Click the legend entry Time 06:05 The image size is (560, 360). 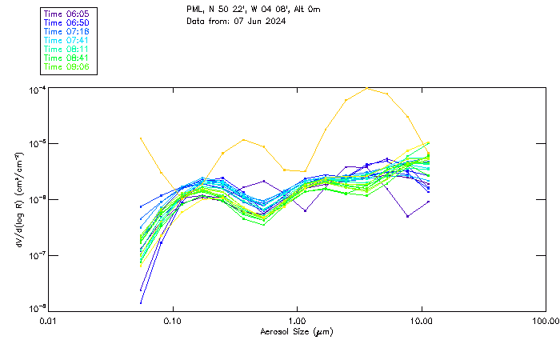point(67,14)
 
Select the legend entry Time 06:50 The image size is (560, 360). point(67,22)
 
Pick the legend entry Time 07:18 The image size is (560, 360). point(67,31)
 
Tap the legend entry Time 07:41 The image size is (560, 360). point(67,40)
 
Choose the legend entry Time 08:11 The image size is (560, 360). point(67,49)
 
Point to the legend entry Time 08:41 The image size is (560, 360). point(67,58)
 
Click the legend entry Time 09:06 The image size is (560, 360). point(67,66)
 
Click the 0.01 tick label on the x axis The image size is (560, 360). point(48,320)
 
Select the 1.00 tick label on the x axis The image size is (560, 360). point(297,320)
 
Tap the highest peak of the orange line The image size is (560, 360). point(366,88)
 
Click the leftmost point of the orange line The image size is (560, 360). point(141,138)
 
